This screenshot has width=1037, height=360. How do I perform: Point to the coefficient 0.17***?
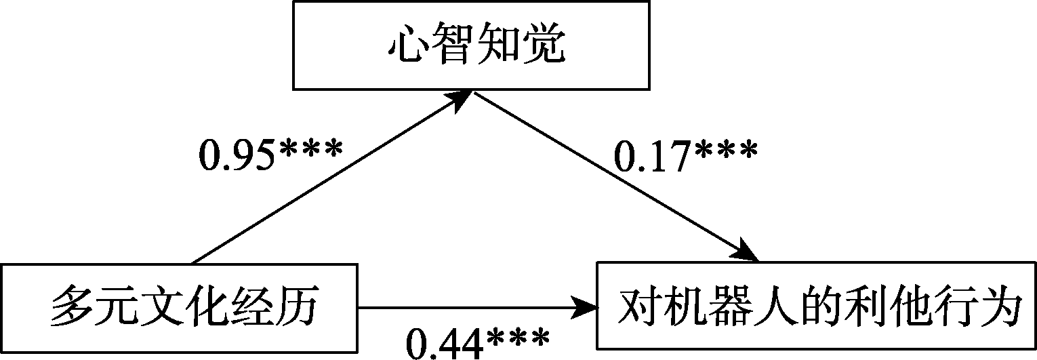click(685, 157)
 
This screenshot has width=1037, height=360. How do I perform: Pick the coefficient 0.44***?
click(477, 342)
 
